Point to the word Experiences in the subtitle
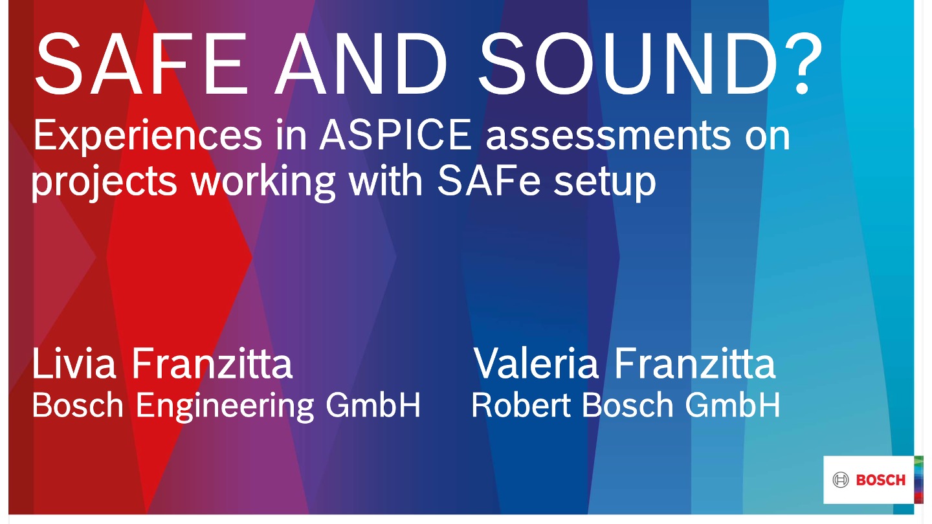pyautogui.click(x=148, y=136)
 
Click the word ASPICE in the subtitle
pyautogui.click(x=395, y=135)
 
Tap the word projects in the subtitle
pyautogui.click(x=104, y=182)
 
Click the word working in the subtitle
pyautogui.click(x=263, y=182)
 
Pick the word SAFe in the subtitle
pyautogui.click(x=489, y=180)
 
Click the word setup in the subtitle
pyautogui.click(x=605, y=183)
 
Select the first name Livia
pyautogui.click(x=74, y=363)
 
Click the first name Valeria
pyautogui.click(x=536, y=363)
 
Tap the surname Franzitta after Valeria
pyautogui.click(x=695, y=363)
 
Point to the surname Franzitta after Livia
pyautogui.click(x=212, y=363)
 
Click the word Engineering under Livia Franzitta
pyautogui.click(x=225, y=406)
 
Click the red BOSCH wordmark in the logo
pyautogui.click(x=881, y=480)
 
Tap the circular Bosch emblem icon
pyautogui.click(x=841, y=480)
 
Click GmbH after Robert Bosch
pyautogui.click(x=732, y=405)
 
